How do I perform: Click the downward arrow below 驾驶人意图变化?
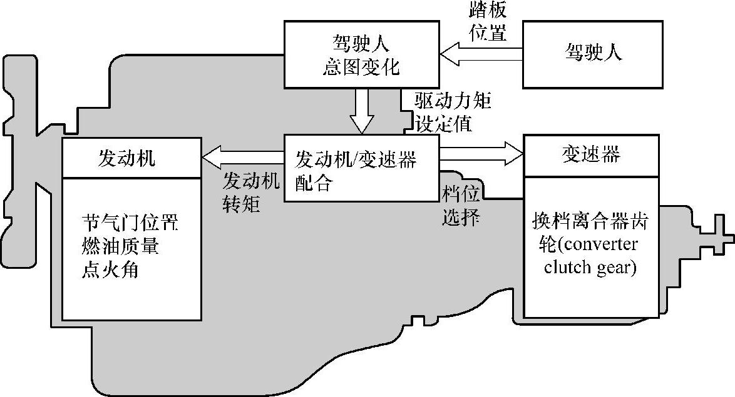(361, 111)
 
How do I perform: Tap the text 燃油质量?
(120, 246)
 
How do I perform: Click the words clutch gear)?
(590, 267)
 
